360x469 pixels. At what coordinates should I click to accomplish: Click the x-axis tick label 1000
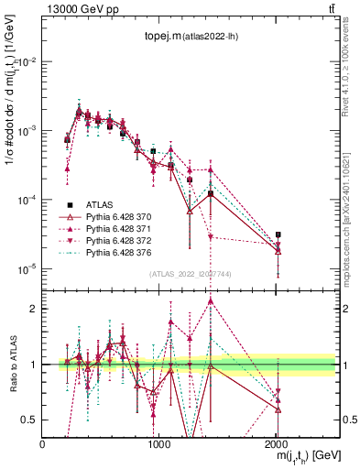coord(159,445)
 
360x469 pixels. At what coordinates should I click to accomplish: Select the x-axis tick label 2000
coord(276,445)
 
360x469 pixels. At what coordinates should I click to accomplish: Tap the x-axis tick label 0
coord(43,445)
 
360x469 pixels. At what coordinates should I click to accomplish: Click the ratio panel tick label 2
coord(33,309)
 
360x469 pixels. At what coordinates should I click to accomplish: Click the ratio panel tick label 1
coord(33,365)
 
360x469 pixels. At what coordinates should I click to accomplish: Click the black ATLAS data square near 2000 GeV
coord(278,234)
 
